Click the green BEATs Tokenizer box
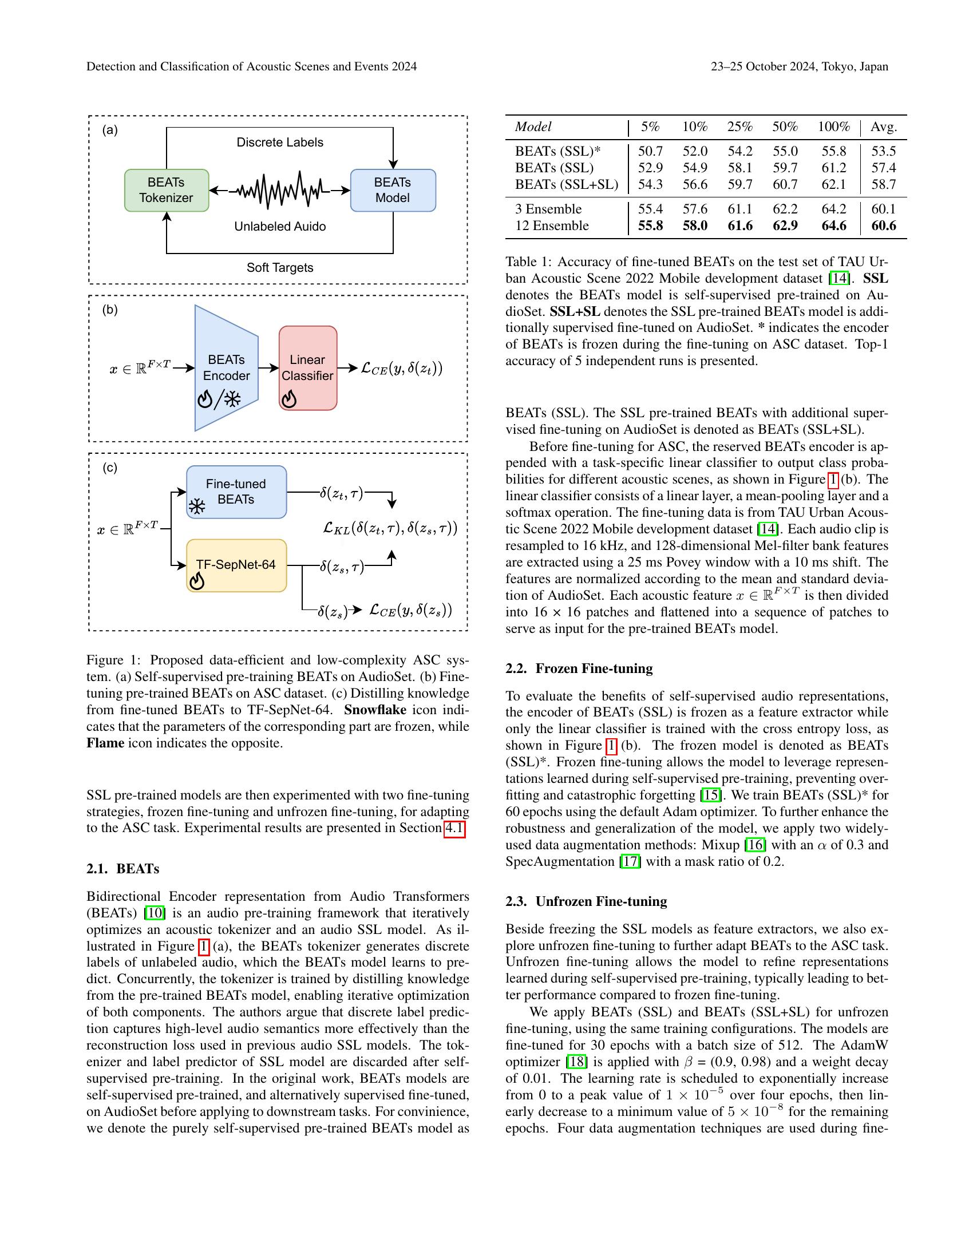coord(167,190)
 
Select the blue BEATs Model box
coord(393,190)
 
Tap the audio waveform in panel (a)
coord(279,189)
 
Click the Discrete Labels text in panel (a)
coord(279,142)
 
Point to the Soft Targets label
coord(279,267)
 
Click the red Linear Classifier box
coord(308,368)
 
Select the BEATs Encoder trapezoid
coord(226,368)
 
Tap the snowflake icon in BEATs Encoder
coord(232,399)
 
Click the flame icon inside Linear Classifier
coord(290,399)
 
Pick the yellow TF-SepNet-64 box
coord(236,565)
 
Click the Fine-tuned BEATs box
coord(236,492)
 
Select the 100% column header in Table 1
coord(833,127)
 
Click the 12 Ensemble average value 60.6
coord(883,226)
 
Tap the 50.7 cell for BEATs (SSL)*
coord(650,152)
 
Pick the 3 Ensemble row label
coord(548,209)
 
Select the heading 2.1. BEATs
coord(123,869)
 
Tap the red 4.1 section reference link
coord(454,829)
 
